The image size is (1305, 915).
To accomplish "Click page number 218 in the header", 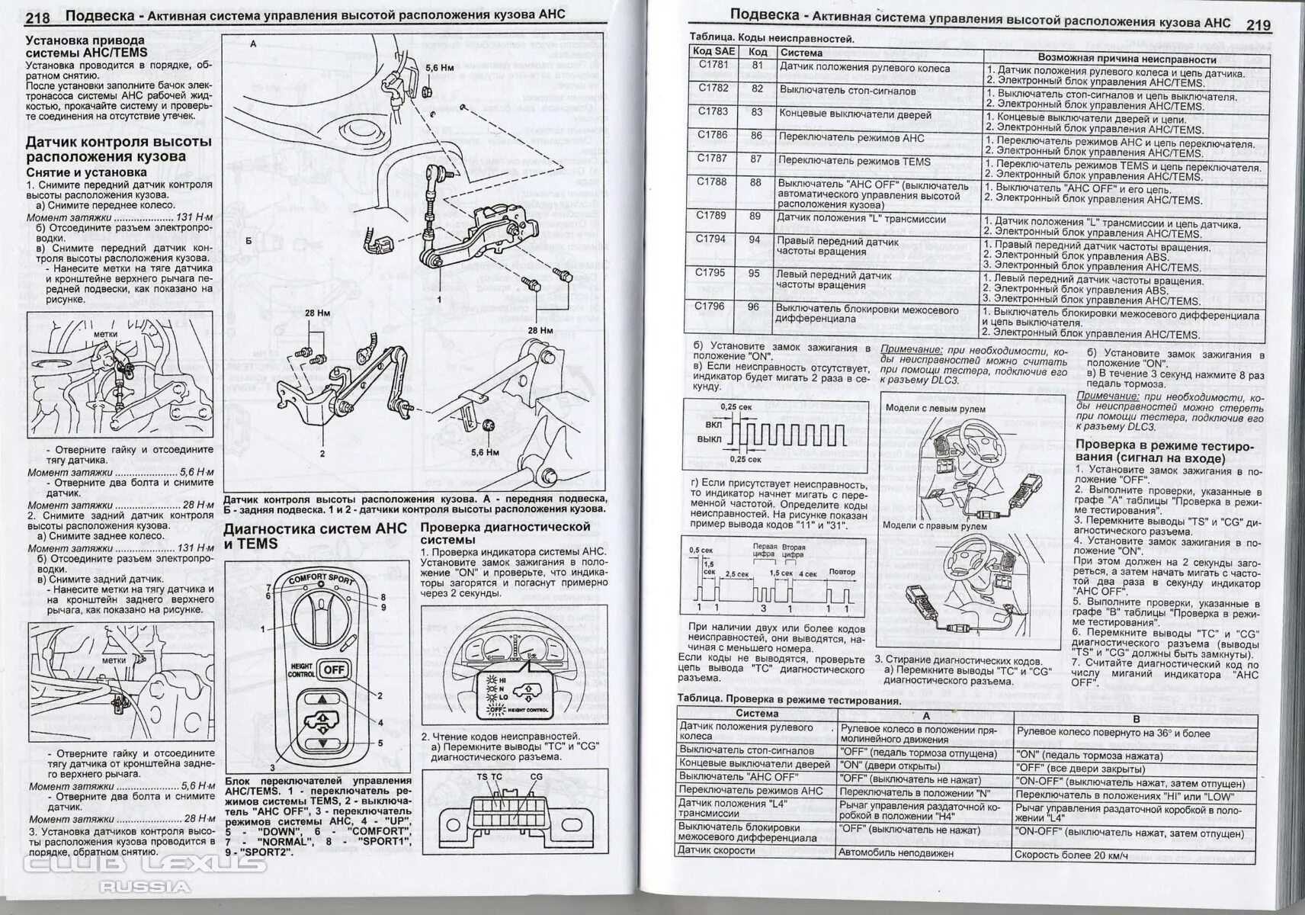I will point(38,18).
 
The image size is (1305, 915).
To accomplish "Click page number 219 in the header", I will point(1259,25).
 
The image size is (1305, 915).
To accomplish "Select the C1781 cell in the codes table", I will point(713,65).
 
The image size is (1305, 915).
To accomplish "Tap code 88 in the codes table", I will point(756,183).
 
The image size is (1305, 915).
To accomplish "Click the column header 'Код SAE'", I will point(713,51).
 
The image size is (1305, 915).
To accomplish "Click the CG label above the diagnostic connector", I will point(536,777).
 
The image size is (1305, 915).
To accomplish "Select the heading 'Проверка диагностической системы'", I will point(505,533).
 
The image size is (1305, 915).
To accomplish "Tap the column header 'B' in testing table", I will point(1136,718).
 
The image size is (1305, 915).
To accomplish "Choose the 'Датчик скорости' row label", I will point(717,850).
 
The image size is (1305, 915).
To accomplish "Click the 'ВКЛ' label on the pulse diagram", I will point(713,424).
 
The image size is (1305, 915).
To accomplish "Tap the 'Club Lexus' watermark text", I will point(145,864).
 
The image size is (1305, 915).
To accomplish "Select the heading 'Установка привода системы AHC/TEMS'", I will point(85,46).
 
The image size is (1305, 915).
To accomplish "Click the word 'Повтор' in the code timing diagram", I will point(842,572).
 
